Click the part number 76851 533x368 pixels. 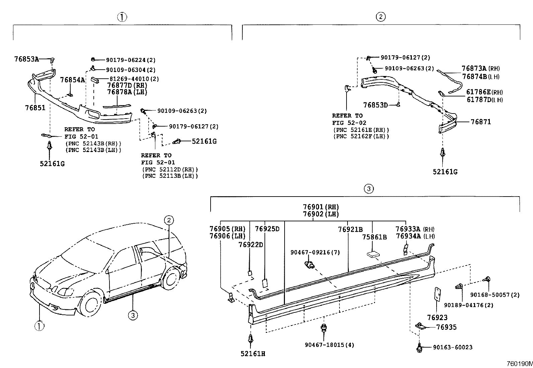tap(35, 108)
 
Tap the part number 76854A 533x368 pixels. tap(72, 80)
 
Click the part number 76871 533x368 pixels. tap(480, 122)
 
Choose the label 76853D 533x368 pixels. tap(375, 105)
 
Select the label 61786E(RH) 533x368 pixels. tap(484, 92)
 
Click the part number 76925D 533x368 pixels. tap(267, 229)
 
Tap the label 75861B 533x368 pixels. tap(374, 237)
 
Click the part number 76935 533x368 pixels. tap(446, 327)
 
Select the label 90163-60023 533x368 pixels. tap(453, 348)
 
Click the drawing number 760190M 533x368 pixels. tap(519, 364)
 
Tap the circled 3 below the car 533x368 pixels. tap(133, 315)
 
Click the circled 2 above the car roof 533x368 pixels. tap(169, 220)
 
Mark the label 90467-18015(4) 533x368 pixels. tap(324, 345)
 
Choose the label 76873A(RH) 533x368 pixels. tap(481, 68)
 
